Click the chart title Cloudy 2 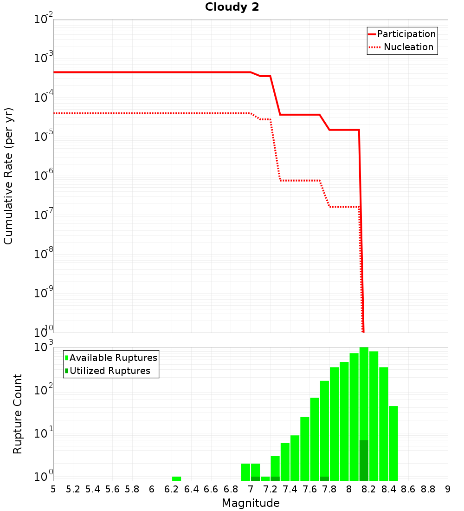pos(232,7)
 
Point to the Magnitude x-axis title pos(251,503)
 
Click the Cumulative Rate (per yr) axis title pos(8,176)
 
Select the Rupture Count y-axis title pos(18,413)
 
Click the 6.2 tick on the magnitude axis pos(172,489)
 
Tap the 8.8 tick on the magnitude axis pos(428,489)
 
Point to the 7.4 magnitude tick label pos(290,489)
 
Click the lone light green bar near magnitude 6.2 pos(176,478)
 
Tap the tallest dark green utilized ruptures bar pos(364,460)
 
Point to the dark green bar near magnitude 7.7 pos(324,478)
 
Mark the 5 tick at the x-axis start pos(53,489)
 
